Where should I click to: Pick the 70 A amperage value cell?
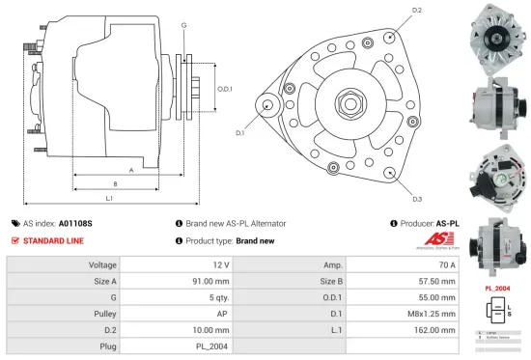(449, 264)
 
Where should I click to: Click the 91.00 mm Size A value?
(211, 281)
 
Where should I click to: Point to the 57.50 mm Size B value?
(440, 281)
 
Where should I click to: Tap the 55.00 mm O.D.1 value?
(440, 297)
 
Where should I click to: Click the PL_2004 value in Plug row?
(214, 345)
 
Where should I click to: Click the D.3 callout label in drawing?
(416, 199)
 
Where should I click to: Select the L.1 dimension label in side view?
(109, 199)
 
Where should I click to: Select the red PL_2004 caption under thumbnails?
(495, 289)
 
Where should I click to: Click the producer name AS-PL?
(447, 223)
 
